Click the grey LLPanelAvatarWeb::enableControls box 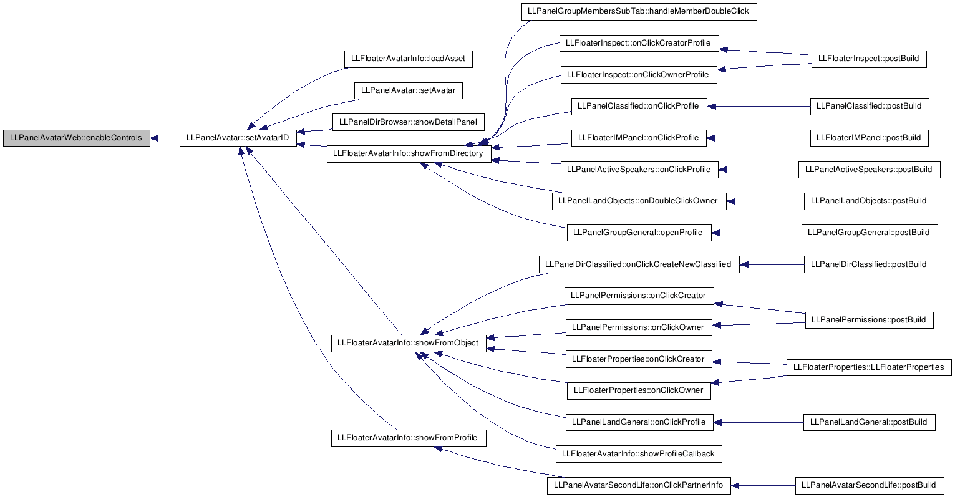point(77,138)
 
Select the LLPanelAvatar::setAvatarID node point(238,138)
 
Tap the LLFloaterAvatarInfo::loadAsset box point(409,59)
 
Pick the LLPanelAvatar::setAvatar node point(409,90)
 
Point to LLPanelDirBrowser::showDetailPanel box point(409,122)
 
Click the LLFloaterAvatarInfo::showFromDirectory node point(409,153)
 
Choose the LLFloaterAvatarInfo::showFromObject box point(409,344)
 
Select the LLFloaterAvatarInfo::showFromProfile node point(409,438)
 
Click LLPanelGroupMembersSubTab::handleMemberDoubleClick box point(639,11)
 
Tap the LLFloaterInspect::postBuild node point(869,59)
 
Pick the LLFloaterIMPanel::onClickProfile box point(639,138)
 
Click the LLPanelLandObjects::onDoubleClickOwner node point(639,201)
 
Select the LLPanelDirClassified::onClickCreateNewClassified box point(639,264)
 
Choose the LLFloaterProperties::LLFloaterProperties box point(869,367)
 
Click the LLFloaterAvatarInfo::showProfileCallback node point(639,454)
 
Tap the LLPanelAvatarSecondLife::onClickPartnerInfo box point(639,486)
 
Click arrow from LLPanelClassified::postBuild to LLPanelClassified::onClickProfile point(759,107)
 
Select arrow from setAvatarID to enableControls point(165,138)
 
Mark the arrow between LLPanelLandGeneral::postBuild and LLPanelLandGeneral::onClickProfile point(759,422)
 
